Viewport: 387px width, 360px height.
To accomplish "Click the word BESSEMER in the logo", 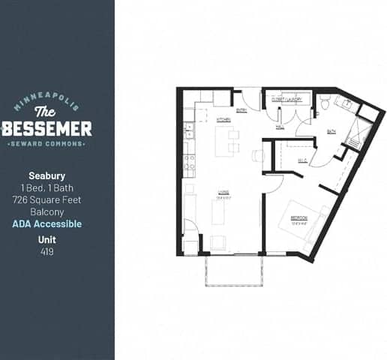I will [46, 127].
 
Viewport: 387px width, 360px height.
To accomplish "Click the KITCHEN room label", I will [223, 120].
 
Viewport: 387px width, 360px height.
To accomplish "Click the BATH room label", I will [331, 131].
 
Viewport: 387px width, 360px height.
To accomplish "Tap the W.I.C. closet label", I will [302, 160].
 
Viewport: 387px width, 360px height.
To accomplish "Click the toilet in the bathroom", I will [325, 104].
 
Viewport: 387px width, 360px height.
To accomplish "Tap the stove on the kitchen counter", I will [190, 160].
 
